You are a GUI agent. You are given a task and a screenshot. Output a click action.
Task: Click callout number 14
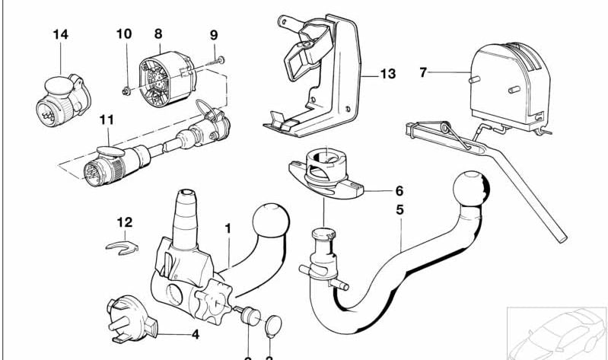click(x=60, y=35)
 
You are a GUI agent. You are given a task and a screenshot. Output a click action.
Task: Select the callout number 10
click(x=123, y=34)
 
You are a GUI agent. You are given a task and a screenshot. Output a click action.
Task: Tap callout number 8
click(x=158, y=34)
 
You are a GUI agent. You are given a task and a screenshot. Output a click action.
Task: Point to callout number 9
click(x=213, y=35)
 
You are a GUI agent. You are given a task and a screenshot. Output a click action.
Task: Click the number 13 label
click(x=387, y=74)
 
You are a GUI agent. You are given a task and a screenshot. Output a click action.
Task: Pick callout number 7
click(x=424, y=73)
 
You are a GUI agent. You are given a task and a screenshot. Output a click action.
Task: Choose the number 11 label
click(x=106, y=120)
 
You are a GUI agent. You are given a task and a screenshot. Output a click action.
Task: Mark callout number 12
click(x=125, y=222)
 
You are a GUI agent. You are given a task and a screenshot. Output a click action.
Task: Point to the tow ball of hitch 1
click(x=271, y=221)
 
